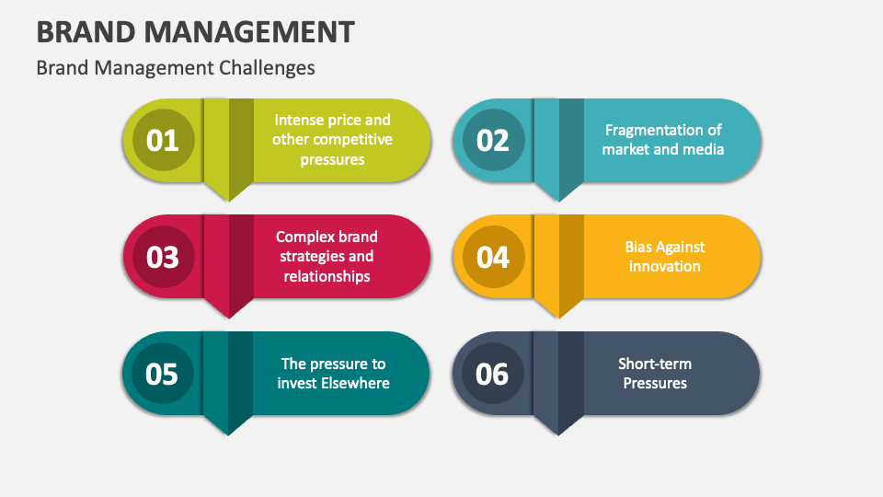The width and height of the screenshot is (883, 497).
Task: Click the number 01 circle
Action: tap(163, 140)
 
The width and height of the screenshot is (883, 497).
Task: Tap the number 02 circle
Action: tap(493, 140)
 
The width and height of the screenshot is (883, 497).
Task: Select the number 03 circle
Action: tap(163, 256)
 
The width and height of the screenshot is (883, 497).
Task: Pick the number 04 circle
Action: tap(493, 257)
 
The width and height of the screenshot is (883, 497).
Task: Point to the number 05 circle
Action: tap(163, 374)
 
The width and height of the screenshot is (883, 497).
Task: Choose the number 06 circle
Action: tap(493, 374)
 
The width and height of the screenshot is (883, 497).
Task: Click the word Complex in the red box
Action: tap(304, 237)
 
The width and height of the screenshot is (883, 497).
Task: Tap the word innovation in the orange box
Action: tap(664, 266)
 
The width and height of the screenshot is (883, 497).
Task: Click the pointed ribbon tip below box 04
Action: tap(558, 309)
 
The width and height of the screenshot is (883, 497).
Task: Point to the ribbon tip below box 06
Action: tap(558, 426)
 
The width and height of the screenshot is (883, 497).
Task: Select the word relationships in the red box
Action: tap(327, 276)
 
